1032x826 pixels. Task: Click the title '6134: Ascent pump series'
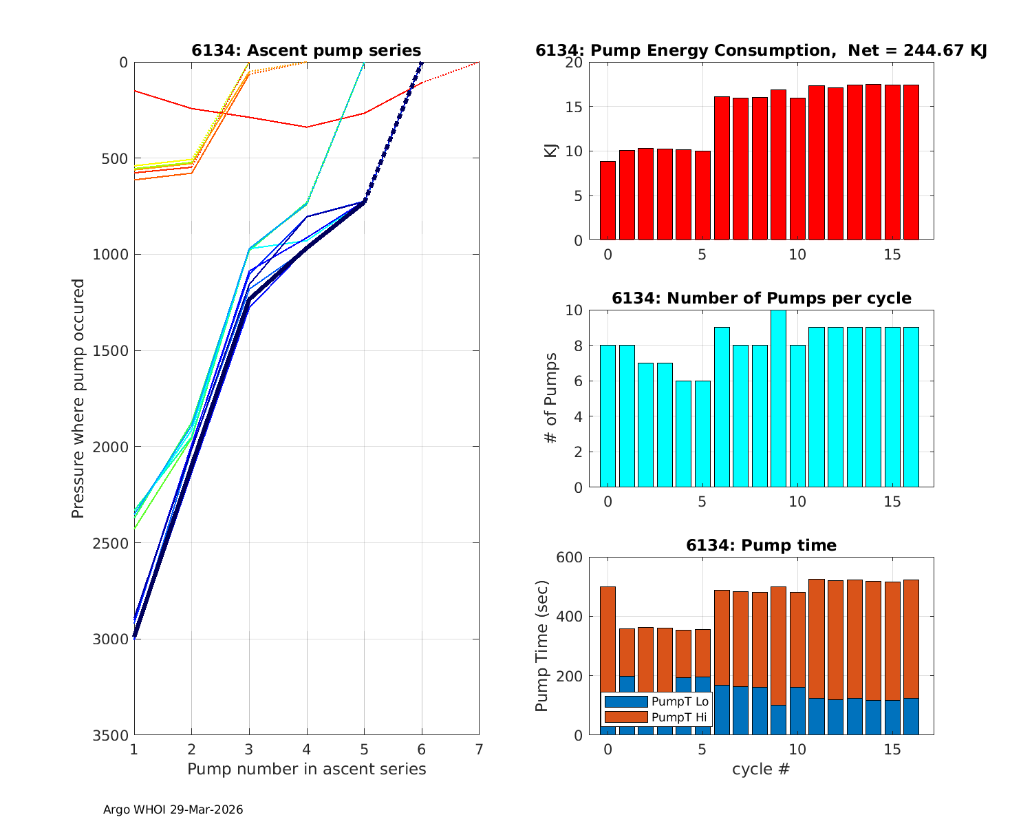306,51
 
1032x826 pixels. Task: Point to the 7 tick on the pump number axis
479,749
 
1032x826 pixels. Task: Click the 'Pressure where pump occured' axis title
78,399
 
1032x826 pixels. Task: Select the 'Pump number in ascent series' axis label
306,769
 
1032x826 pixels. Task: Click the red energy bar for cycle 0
608,200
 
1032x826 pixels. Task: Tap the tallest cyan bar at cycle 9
778,399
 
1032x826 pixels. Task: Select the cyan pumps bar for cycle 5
702,434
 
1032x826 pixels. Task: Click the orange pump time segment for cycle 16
911,640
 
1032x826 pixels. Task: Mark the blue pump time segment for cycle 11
816,716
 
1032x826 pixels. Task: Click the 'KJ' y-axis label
550,151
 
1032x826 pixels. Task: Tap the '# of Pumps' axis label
550,399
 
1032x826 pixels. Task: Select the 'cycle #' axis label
760,769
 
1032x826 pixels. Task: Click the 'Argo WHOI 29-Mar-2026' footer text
173,809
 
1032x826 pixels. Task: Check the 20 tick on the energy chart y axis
574,63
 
